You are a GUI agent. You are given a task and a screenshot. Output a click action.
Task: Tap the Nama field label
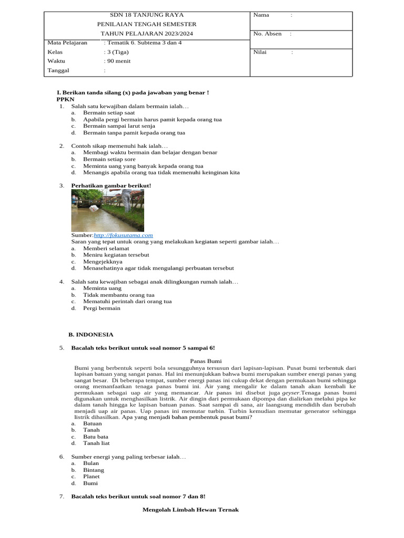coord(261,15)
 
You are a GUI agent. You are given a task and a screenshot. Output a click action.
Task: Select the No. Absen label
coord(267,34)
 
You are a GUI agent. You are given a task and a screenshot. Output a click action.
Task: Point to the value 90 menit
coord(118,61)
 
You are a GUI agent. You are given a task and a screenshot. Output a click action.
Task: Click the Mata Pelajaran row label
coord(67,43)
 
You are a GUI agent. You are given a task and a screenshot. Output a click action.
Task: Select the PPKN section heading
coord(66,99)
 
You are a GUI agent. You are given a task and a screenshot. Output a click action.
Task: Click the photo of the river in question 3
coord(107,210)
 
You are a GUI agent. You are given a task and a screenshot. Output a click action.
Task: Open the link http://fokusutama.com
coord(123,235)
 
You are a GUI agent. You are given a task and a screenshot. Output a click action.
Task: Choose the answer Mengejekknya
coord(103,261)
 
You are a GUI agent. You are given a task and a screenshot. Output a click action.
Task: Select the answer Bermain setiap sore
coord(109,159)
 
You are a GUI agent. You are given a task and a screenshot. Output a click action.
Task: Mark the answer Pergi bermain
coord(102,308)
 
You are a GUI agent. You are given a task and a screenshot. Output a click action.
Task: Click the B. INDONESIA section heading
coord(91,334)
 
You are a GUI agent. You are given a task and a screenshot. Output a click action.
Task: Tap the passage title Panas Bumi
coord(206,361)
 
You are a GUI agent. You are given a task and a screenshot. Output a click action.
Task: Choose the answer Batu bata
coord(96,436)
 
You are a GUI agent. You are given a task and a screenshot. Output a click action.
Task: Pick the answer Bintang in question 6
coord(94,470)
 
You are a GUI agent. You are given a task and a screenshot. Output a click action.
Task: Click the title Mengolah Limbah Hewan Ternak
coord(190,510)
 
